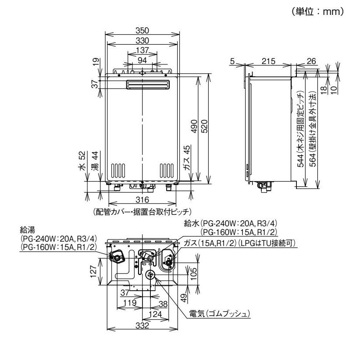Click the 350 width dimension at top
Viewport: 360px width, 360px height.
click(143, 30)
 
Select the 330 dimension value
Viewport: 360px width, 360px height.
click(143, 39)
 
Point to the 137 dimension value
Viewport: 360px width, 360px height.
click(143, 49)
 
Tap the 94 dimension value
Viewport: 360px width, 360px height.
click(143, 58)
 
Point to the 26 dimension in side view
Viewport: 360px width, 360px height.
click(312, 61)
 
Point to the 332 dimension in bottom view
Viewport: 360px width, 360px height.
click(143, 327)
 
